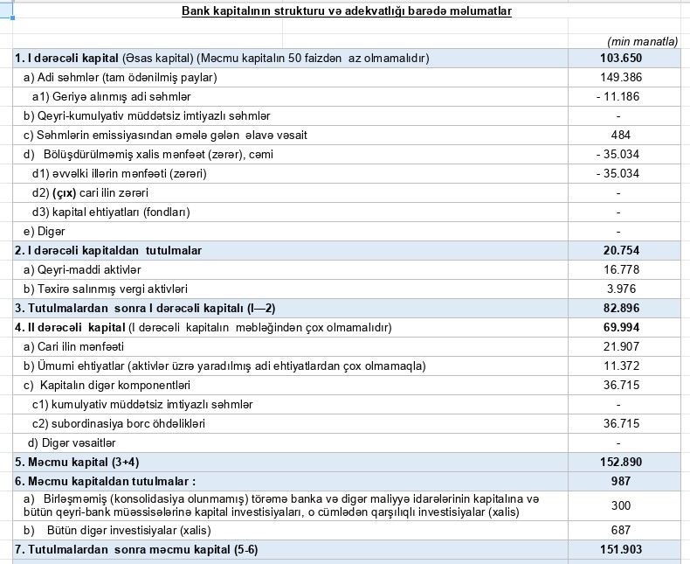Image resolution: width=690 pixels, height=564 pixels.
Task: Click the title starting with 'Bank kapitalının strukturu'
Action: point(347,11)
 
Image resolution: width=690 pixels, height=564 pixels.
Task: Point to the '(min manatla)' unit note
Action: point(642,41)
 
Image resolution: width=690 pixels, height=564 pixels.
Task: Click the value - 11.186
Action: point(618,96)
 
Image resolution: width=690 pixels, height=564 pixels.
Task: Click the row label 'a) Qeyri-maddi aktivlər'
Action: point(82,269)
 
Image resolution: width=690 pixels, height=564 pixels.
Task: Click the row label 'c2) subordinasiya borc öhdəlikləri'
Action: point(118,423)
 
